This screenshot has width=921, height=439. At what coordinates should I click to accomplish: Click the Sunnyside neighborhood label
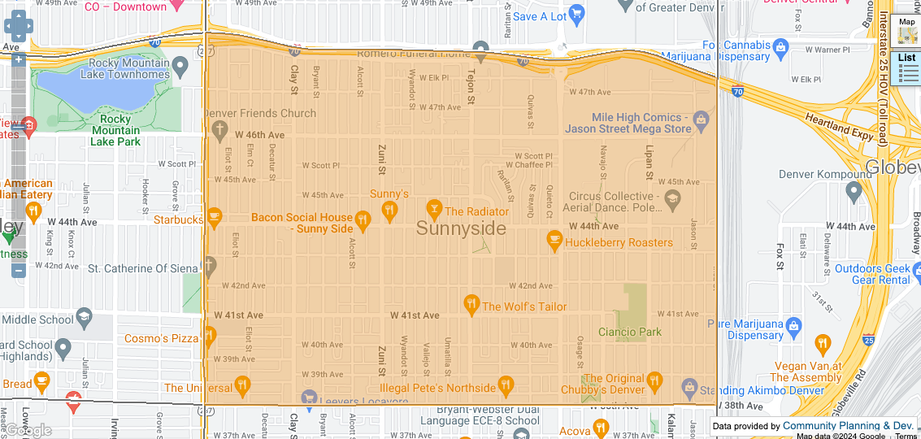tap(461, 229)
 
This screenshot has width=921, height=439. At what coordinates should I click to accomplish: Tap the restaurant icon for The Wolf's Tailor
tap(471, 306)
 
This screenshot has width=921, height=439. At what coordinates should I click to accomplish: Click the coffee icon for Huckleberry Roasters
tap(554, 241)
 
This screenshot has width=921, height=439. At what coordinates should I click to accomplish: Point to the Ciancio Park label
tap(630, 332)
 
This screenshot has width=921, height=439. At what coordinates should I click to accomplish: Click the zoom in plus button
tap(19, 60)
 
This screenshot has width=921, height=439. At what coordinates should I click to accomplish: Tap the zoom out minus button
tap(19, 270)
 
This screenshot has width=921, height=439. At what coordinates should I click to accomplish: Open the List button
tap(907, 68)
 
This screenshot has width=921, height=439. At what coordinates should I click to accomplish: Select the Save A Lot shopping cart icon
tap(577, 15)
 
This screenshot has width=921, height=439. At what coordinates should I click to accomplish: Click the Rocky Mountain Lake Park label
tap(115, 130)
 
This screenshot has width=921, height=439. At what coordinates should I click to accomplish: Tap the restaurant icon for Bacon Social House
tap(363, 219)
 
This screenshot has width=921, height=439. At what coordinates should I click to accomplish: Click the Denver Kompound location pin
tap(854, 192)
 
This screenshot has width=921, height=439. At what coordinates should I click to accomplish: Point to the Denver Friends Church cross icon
tap(218, 130)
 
